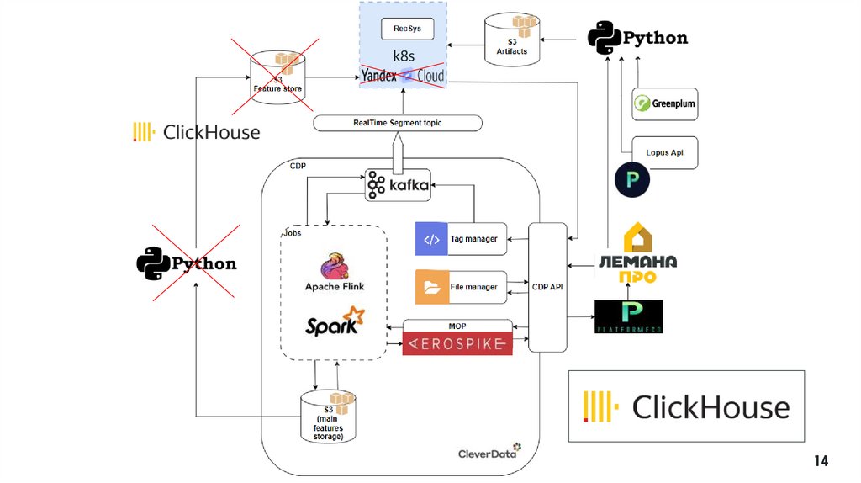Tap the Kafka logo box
pyautogui.click(x=398, y=184)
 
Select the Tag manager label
pyautogui.click(x=473, y=239)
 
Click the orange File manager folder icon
pyautogui.click(x=431, y=287)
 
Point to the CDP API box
pyautogui.click(x=547, y=287)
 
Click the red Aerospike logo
pyautogui.click(x=457, y=344)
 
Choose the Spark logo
pyautogui.click(x=335, y=323)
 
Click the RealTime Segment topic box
pyautogui.click(x=398, y=123)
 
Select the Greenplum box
pyautogui.click(x=664, y=104)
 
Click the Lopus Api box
pyautogui.click(x=664, y=152)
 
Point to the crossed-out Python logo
pyautogui.click(x=187, y=263)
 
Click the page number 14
pyautogui.click(x=821, y=460)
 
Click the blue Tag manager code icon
pyautogui.click(x=431, y=239)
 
